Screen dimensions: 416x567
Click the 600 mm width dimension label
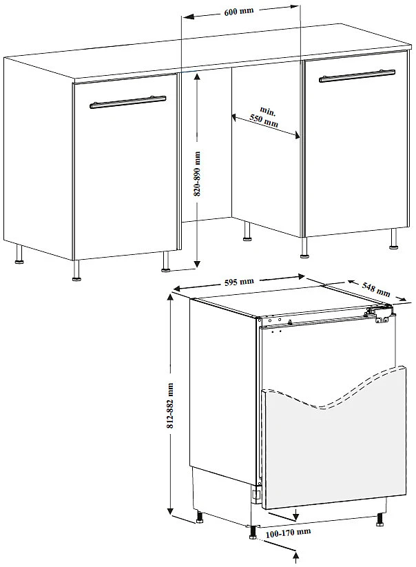point(239,11)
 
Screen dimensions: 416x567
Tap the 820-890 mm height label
point(198,174)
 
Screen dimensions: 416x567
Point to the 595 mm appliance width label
point(239,281)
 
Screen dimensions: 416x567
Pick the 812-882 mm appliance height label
point(170,406)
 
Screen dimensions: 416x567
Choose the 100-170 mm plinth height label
point(288,532)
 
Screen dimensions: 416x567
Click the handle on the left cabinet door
point(128,102)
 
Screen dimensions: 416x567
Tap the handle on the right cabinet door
point(357,76)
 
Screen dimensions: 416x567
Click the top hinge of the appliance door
point(379,313)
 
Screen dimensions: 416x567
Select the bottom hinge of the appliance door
point(256,494)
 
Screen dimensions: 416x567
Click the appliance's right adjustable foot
point(380,519)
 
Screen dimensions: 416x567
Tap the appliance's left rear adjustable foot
point(199,517)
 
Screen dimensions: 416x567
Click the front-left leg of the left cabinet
point(76,270)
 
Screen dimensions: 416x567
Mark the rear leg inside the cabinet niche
point(247,231)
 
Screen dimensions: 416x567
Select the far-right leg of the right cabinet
point(394,238)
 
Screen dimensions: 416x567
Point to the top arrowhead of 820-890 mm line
point(197,78)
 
